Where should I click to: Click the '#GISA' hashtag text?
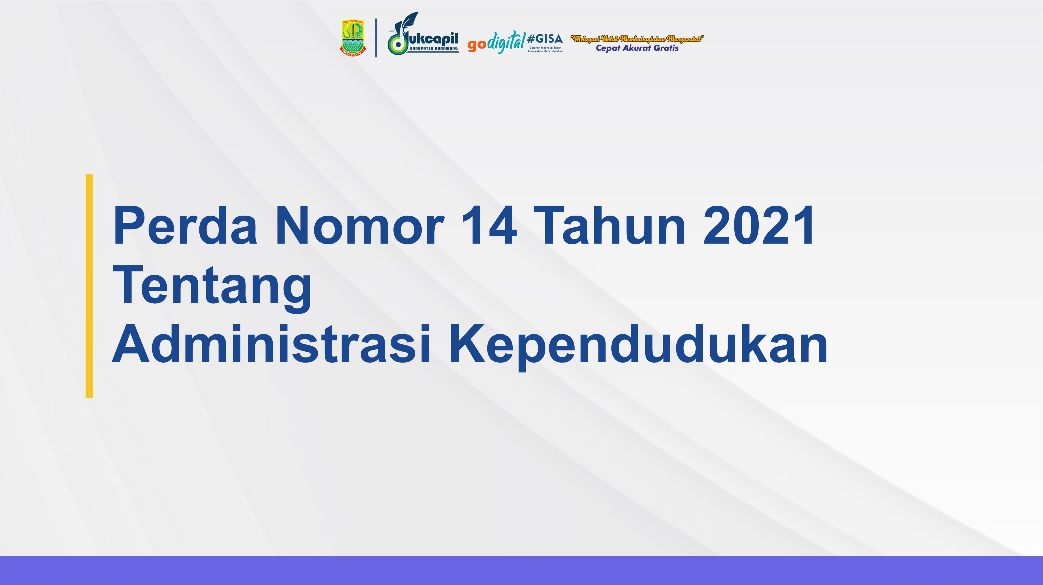click(545, 39)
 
